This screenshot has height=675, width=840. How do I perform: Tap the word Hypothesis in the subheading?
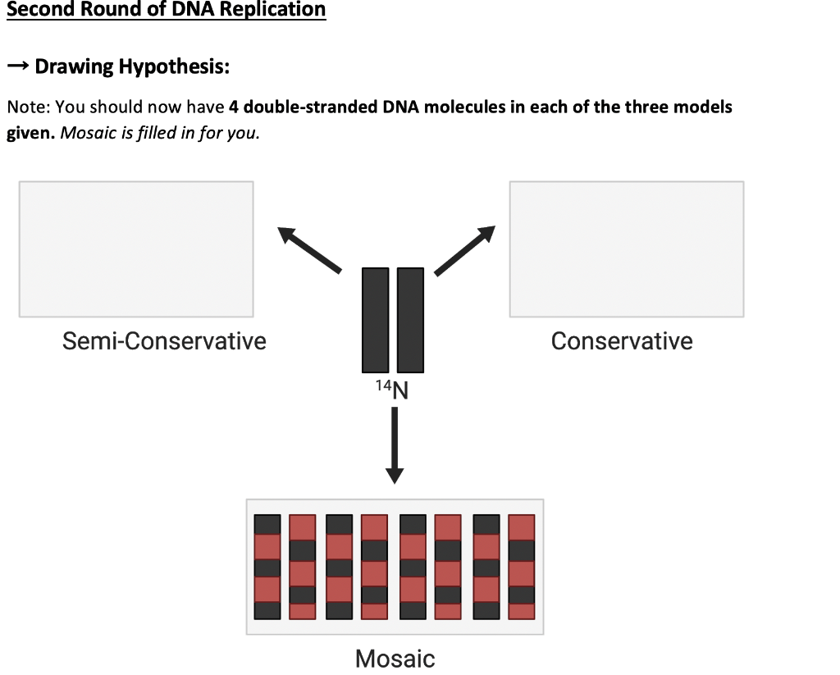pyautogui.click(x=174, y=66)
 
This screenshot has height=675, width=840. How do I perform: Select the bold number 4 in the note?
pyautogui.click(x=234, y=107)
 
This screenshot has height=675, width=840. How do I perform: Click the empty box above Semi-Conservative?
pyautogui.click(x=136, y=249)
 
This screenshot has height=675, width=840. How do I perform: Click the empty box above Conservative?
pyautogui.click(x=626, y=249)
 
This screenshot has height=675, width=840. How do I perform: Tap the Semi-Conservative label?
pyautogui.click(x=164, y=341)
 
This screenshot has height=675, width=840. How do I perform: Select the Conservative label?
pyautogui.click(x=622, y=341)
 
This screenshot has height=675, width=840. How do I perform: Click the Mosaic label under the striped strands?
pyautogui.click(x=395, y=658)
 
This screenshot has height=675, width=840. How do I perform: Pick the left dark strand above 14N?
pyautogui.click(x=376, y=320)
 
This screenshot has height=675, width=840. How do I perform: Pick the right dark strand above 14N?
pyautogui.click(x=410, y=320)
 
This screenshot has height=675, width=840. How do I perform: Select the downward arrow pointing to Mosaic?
pyautogui.click(x=395, y=443)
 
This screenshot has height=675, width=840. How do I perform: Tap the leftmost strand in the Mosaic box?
pyautogui.click(x=267, y=567)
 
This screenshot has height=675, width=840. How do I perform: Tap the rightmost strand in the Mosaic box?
pyautogui.click(x=522, y=567)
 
